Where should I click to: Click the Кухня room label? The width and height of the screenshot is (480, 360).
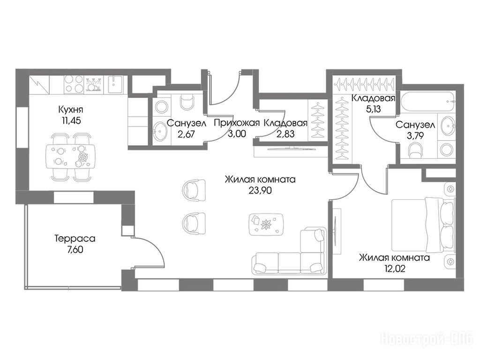pyautogui.click(x=70, y=109)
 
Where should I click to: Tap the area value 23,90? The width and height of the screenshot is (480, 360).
pyautogui.click(x=260, y=191)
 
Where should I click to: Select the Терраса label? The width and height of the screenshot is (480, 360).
pyautogui.click(x=75, y=238)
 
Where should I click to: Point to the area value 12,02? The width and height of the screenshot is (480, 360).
pyautogui.click(x=395, y=269)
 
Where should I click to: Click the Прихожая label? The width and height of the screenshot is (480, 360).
pyautogui.click(x=237, y=123)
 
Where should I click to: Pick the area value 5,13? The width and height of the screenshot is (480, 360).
pyautogui.click(x=373, y=109)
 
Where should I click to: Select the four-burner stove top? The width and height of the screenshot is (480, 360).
pyautogui.click(x=74, y=84)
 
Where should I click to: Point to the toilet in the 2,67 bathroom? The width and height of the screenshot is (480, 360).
pyautogui.click(x=187, y=101)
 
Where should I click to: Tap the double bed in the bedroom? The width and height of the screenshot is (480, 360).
pyautogui.click(x=423, y=225)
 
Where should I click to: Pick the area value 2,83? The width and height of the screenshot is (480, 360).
pyautogui.click(x=285, y=134)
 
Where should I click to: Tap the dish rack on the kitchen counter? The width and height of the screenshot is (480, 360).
pyautogui.click(x=94, y=84)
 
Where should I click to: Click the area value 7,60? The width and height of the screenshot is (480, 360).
pyautogui.click(x=75, y=250)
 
